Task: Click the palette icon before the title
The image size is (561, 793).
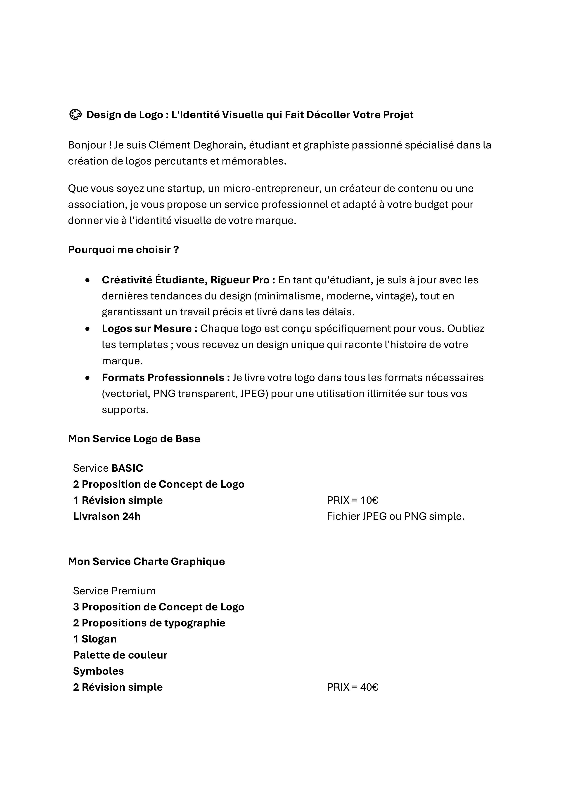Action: (x=75, y=115)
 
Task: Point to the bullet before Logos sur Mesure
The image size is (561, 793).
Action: (x=88, y=329)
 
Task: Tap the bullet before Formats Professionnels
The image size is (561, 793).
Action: (x=88, y=378)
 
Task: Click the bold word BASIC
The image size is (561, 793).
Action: (x=127, y=468)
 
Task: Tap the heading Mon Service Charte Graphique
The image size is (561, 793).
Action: (x=146, y=561)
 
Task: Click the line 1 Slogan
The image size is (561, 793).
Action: (x=95, y=639)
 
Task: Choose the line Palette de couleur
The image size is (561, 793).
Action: (x=120, y=655)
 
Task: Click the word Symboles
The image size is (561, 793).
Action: (x=99, y=671)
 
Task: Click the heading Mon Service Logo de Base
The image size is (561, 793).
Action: (x=134, y=439)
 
